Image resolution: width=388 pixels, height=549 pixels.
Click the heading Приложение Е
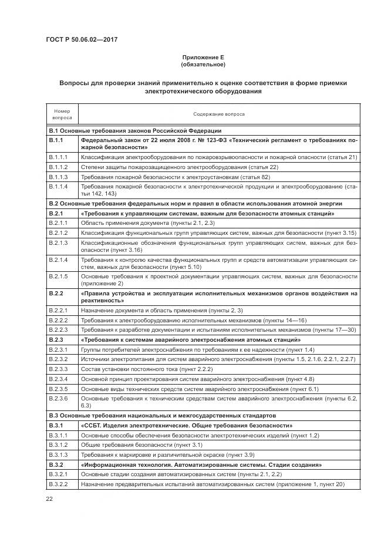[x=203, y=57]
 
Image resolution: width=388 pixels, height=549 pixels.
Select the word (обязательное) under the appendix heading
[x=203, y=65]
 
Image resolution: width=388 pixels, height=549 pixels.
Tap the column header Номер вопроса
[x=62, y=114]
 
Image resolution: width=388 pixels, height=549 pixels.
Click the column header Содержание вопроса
[x=219, y=114]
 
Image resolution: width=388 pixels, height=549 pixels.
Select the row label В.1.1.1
[x=58, y=157]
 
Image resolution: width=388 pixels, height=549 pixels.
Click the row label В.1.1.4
[x=58, y=186]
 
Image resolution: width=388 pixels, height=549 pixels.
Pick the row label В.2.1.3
[x=58, y=242]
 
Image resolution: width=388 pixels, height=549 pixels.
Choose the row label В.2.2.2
[x=58, y=320]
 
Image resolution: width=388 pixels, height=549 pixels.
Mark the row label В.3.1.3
[x=58, y=454]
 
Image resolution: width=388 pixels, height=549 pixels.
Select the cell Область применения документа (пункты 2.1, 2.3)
[x=147, y=224]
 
